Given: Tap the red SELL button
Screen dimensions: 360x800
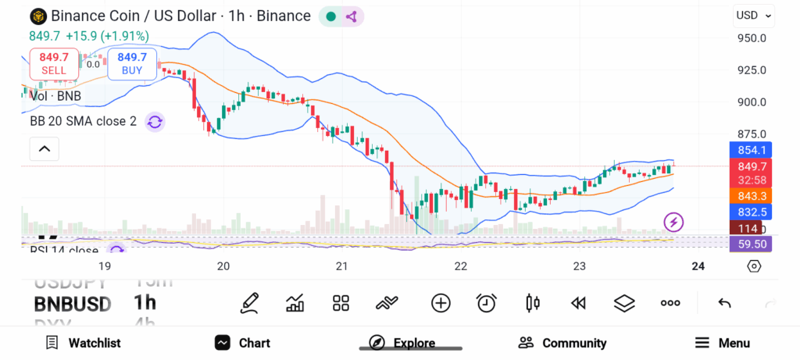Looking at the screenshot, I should tap(54, 63).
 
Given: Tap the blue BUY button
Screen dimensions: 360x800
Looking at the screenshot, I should tap(132, 63).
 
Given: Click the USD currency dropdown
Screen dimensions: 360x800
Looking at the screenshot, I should tap(754, 16).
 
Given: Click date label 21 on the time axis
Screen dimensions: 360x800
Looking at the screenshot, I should tap(342, 266).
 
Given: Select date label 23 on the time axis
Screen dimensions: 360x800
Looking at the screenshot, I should tap(579, 266).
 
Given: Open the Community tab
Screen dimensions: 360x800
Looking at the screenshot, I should tap(562, 343).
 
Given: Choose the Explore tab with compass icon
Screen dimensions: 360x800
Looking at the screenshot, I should tap(402, 343).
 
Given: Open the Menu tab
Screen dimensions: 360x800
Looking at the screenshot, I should tap(723, 343).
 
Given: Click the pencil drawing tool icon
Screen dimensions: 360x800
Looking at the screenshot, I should tap(250, 303).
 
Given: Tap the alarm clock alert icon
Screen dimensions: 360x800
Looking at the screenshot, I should tap(487, 303).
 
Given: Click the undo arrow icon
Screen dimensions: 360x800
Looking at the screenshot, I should tap(724, 303).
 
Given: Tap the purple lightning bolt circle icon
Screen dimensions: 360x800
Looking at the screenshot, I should tap(673, 222).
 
